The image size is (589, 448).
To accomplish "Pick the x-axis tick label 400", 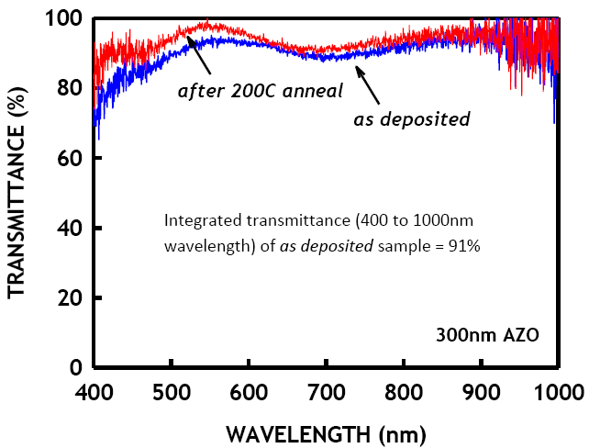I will coord(93,392).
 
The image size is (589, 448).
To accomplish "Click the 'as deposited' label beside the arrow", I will coord(412,118).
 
